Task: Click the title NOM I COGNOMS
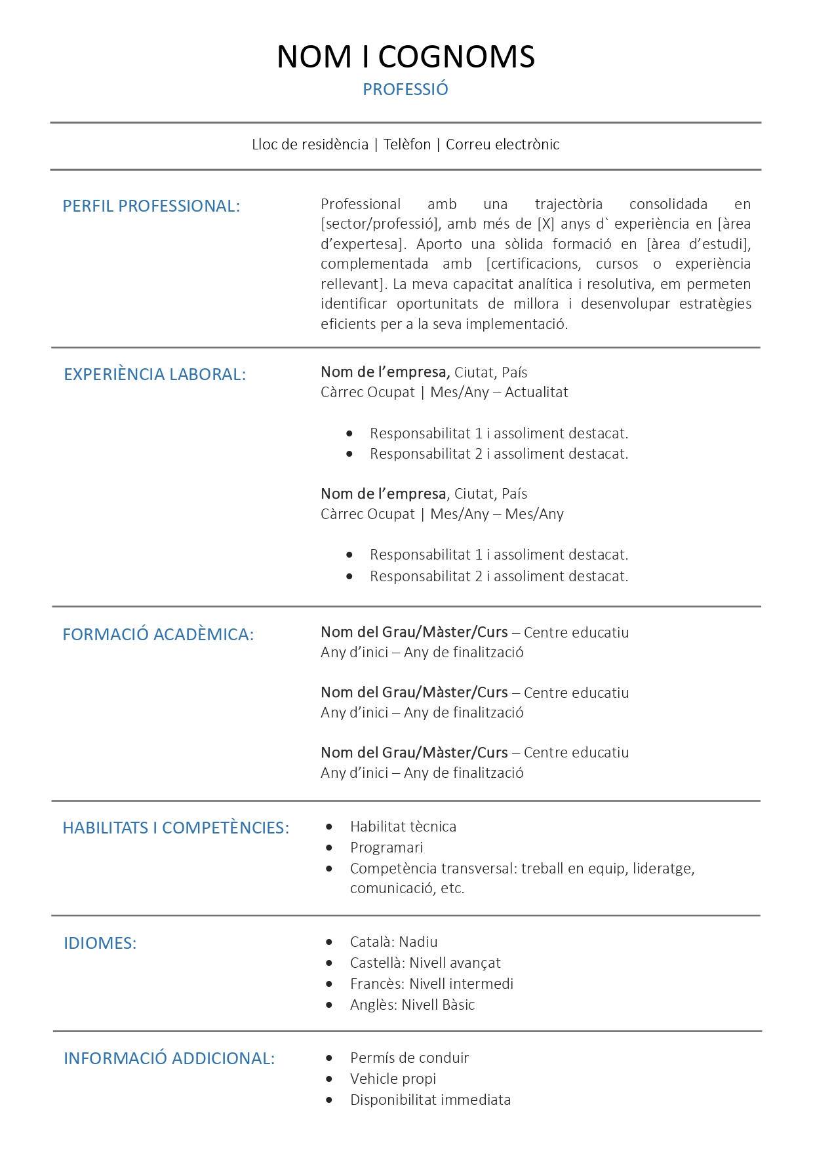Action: point(406,57)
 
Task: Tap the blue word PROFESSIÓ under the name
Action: point(405,90)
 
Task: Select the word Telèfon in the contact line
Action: point(407,145)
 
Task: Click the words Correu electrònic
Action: point(502,145)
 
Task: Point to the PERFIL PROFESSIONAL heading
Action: point(151,206)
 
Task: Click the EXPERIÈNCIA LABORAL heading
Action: point(155,375)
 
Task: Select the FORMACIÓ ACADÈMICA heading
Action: point(158,635)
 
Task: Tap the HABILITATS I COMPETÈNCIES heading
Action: point(176,828)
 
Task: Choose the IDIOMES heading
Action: point(100,944)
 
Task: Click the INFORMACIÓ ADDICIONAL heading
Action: point(169,1059)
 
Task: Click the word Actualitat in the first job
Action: point(536,393)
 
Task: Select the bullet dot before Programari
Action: point(329,848)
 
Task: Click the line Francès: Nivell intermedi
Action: point(431,984)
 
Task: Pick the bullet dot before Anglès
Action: point(329,1005)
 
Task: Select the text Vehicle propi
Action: point(393,1079)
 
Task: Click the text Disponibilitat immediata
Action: point(430,1100)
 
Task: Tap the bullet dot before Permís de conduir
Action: point(329,1058)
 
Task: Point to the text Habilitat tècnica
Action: point(403,827)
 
